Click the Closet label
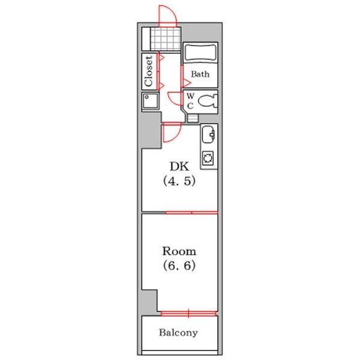click(x=149, y=71)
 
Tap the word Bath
click(x=200, y=74)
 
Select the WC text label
click(x=190, y=101)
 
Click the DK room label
click(x=179, y=166)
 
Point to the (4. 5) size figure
click(x=179, y=181)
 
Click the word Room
click(x=179, y=251)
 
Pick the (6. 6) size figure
click(x=179, y=266)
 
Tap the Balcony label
click(x=178, y=332)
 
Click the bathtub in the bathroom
click(x=200, y=52)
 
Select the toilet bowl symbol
click(x=208, y=101)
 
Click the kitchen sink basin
click(x=208, y=134)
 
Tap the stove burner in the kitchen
click(x=208, y=158)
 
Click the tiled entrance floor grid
click(x=165, y=38)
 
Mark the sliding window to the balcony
click(x=188, y=314)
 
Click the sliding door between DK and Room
click(x=191, y=213)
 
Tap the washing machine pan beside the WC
click(x=151, y=101)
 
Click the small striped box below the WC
click(x=193, y=118)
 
